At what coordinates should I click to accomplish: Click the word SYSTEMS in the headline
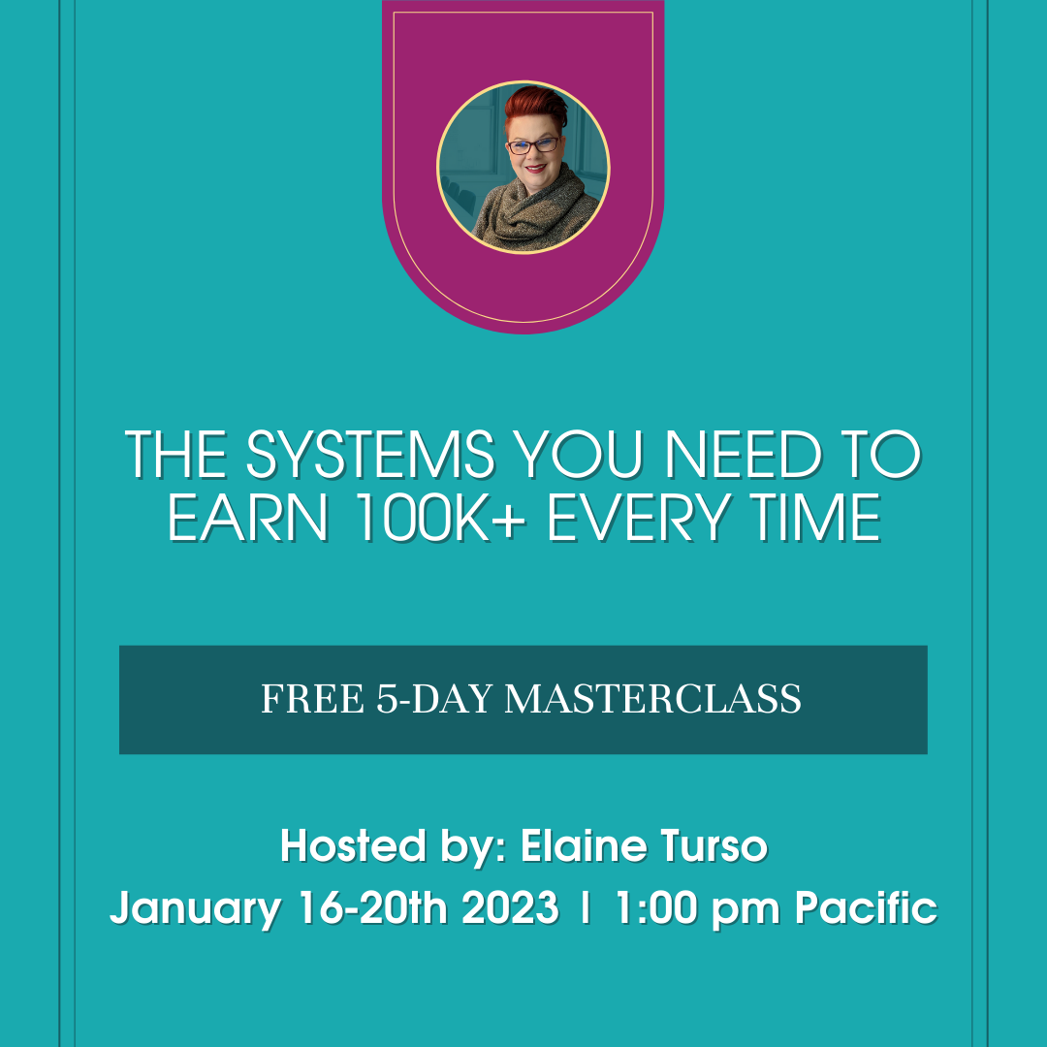point(370,455)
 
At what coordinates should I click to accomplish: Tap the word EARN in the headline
point(248,518)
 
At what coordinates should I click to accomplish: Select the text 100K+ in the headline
point(439,518)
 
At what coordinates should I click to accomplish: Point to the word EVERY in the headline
point(638,518)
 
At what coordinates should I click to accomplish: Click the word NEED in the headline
point(744,455)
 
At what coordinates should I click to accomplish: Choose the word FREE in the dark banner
point(312,699)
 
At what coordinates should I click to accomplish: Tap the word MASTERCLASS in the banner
point(652,699)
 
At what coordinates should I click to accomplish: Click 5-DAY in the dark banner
point(434,699)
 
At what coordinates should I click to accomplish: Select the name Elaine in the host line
point(583,846)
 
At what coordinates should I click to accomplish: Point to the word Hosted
point(353,846)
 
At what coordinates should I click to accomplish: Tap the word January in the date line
point(195,909)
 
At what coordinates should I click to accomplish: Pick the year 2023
point(510,908)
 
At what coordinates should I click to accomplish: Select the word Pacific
point(866,908)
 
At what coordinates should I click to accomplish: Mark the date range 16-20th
point(372,908)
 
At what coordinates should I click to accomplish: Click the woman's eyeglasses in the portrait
point(533,145)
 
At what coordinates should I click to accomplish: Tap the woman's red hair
point(535,107)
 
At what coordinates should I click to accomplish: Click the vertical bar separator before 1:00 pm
point(587,907)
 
